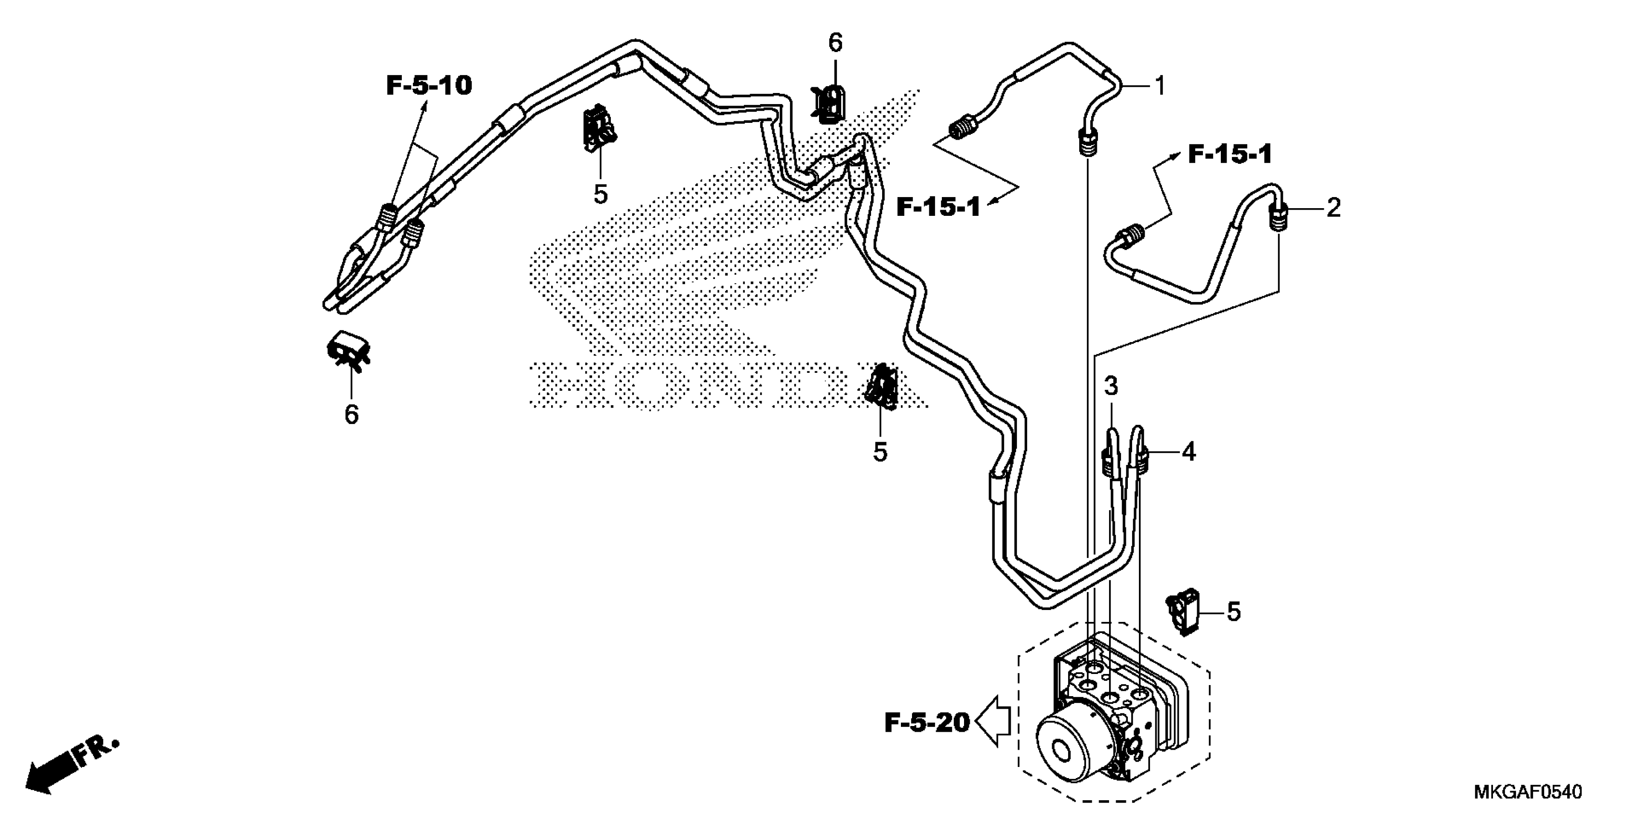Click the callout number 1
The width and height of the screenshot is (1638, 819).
click(x=1160, y=86)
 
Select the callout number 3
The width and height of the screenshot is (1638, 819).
click(x=1111, y=385)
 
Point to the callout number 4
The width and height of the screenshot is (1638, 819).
click(x=1189, y=452)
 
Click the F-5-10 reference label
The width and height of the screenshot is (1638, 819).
click(x=429, y=85)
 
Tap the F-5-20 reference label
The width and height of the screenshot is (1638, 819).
click(x=927, y=723)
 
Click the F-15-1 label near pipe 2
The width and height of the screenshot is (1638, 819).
click(x=1230, y=155)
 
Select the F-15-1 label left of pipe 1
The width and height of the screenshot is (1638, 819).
click(x=938, y=207)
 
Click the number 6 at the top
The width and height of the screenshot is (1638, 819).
click(x=835, y=43)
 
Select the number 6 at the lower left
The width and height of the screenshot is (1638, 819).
click(x=352, y=415)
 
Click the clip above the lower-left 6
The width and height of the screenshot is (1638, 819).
click(x=347, y=350)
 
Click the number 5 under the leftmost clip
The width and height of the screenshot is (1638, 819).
click(x=601, y=194)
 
